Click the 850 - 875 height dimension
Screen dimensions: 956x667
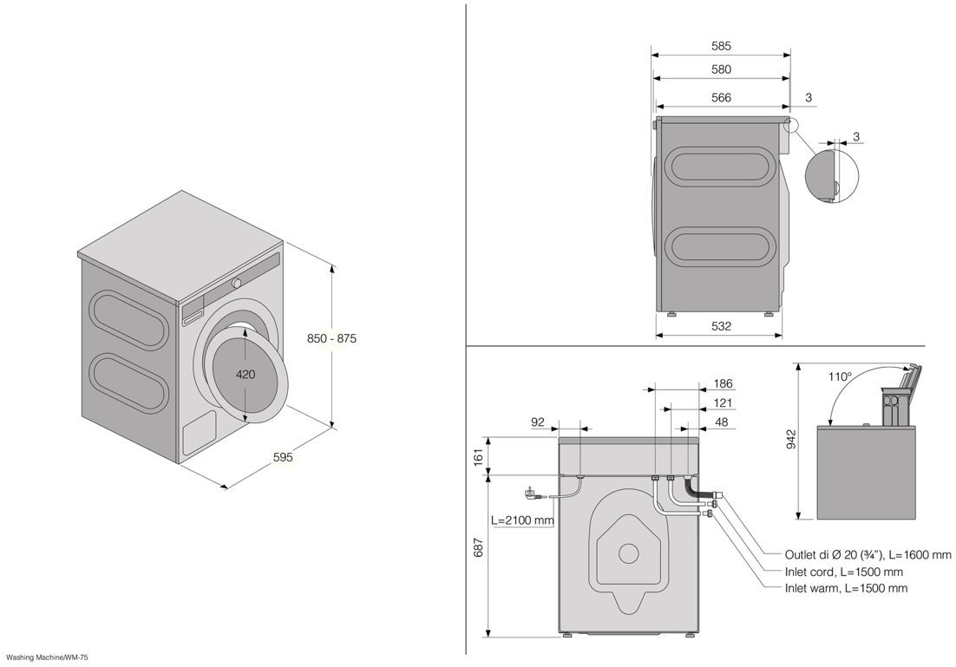click(331, 338)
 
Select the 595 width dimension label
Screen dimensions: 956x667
click(283, 456)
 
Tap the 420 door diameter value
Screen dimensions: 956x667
click(246, 375)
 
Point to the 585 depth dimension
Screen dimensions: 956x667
click(721, 46)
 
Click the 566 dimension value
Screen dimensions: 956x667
click(721, 97)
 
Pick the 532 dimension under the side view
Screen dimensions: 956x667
click(721, 326)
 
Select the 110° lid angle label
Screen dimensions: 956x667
click(840, 376)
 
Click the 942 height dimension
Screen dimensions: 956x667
click(791, 441)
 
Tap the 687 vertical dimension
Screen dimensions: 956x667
click(479, 547)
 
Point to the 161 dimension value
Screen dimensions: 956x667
click(479, 456)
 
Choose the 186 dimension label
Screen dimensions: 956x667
click(724, 383)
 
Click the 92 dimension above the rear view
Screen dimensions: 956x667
click(538, 422)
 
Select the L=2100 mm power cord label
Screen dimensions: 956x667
click(522, 520)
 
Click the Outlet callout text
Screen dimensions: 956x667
click(868, 555)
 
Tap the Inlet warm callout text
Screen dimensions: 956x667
click(846, 588)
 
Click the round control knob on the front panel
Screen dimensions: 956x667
click(236, 283)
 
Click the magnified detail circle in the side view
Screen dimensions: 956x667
click(832, 176)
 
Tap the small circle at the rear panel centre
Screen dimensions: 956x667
click(627, 553)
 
